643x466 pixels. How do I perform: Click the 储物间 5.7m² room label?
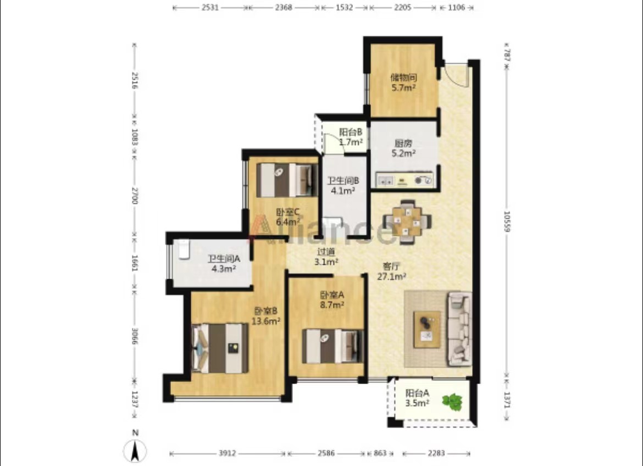403,82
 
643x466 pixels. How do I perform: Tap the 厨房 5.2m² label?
403,148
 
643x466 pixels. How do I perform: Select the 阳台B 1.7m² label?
351,137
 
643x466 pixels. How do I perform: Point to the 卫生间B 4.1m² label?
343,185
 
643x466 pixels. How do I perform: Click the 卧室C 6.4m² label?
288,217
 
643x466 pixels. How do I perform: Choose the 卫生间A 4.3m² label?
224,263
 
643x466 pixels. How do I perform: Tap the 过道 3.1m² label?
326,257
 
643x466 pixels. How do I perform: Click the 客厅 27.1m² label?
392,271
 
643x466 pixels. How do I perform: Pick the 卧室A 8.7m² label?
332,299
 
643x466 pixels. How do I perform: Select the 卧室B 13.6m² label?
266,316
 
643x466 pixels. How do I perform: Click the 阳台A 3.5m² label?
418,397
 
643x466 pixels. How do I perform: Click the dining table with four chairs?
407,222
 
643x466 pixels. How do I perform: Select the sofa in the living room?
459,328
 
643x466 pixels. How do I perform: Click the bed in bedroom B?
220,348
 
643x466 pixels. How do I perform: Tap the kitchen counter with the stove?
404,180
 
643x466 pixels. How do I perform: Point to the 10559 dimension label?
507,221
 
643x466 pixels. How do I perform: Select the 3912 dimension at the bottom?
227,453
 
